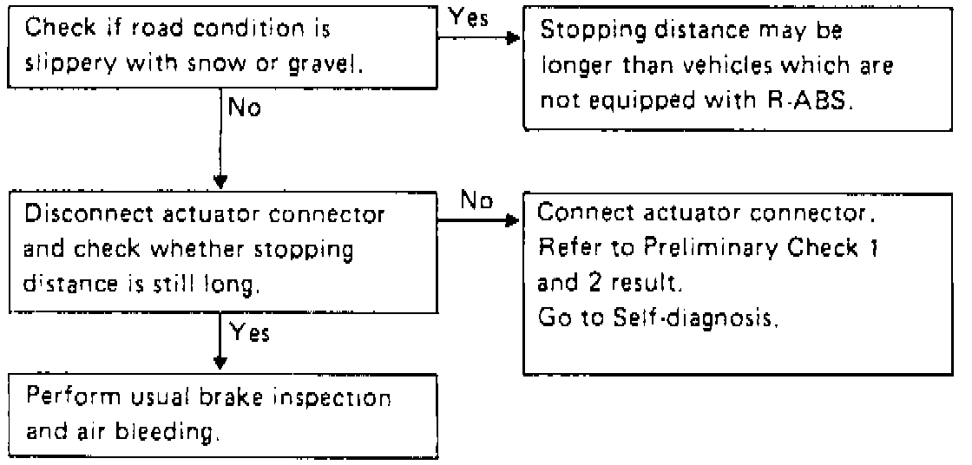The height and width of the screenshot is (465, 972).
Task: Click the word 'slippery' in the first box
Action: [69, 62]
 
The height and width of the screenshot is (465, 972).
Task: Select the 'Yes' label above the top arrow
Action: [468, 18]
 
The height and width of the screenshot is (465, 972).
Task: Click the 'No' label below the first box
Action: [245, 108]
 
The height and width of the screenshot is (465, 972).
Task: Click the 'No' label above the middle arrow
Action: [476, 200]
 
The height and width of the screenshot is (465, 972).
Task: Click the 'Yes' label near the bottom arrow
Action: [250, 334]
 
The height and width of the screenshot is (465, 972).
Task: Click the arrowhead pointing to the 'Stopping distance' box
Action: [513, 38]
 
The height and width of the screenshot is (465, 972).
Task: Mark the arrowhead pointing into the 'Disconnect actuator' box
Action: [220, 182]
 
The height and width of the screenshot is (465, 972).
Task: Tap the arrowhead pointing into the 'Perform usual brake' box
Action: [220, 362]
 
